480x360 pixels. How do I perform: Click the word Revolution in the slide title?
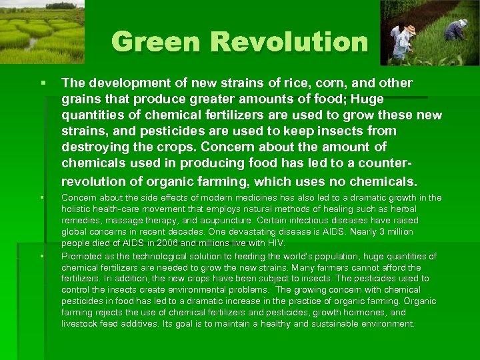(289, 42)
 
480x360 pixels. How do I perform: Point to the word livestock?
(79, 324)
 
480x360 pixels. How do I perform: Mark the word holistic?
(76, 209)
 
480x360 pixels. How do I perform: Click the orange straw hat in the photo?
(411, 29)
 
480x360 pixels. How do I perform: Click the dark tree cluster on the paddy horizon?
(61, 5)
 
